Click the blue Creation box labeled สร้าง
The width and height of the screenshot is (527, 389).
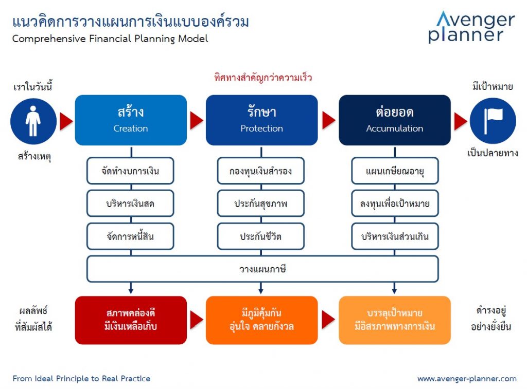[131, 120]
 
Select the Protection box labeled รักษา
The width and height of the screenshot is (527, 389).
[261, 120]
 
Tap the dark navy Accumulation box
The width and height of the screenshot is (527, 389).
[394, 120]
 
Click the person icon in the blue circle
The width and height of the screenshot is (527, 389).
[33, 121]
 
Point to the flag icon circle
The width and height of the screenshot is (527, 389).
[493, 121]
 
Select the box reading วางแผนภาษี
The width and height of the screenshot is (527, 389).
[262, 269]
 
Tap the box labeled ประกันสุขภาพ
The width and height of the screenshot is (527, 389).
[261, 203]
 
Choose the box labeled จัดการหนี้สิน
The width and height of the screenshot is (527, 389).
[130, 236]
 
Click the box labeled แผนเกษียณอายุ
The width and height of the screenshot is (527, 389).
[395, 171]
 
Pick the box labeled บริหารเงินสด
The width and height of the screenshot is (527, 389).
[130, 203]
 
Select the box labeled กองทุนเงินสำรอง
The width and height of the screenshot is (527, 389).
[261, 171]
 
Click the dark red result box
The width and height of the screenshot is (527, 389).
[131, 320]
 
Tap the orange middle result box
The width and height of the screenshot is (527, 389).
[261, 320]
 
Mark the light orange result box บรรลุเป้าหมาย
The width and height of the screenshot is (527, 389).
[394, 320]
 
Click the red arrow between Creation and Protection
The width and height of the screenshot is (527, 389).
[196, 121]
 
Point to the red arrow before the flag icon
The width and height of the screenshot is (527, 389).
[460, 121]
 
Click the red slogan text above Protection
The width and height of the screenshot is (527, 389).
[263, 78]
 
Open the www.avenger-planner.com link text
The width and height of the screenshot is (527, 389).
[466, 379]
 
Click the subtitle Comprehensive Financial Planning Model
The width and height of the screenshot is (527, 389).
[110, 39]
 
